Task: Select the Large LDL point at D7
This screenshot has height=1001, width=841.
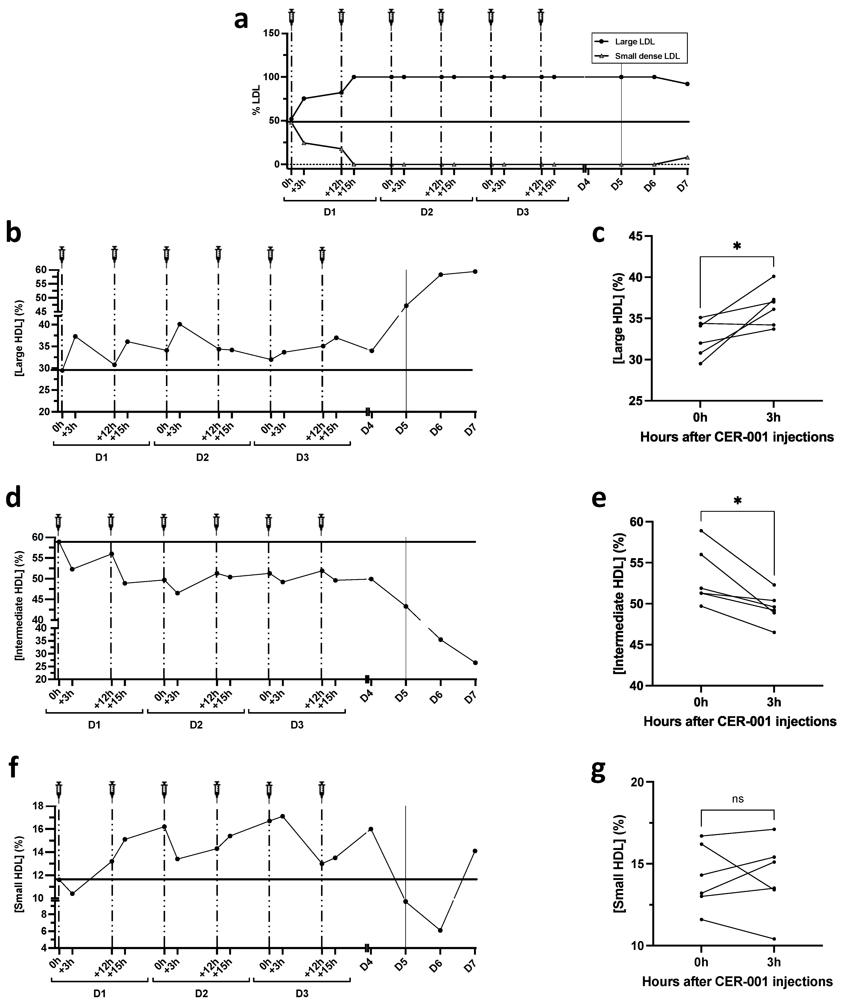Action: [687, 84]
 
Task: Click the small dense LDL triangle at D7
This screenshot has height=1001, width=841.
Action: [687, 157]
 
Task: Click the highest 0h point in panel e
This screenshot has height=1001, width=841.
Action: [701, 530]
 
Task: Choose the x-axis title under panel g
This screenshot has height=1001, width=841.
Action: [737, 982]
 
